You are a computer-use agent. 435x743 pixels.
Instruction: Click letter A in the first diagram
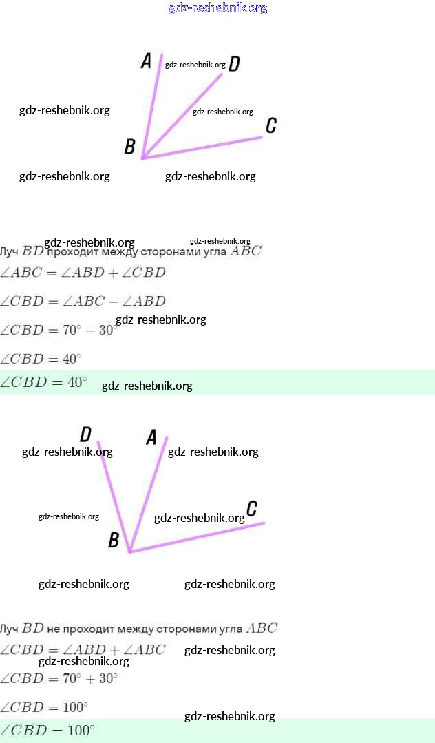tap(146, 61)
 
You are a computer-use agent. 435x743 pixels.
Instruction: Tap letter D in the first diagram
tap(234, 64)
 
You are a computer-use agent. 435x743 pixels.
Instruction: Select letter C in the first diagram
tap(271, 125)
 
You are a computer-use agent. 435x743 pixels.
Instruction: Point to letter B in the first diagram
tap(129, 147)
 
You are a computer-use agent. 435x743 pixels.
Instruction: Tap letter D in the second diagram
tap(86, 435)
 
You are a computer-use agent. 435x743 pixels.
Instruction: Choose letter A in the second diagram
tap(151, 437)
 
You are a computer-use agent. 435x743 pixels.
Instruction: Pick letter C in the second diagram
tap(252, 509)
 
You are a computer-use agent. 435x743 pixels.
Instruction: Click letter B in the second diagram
tap(114, 541)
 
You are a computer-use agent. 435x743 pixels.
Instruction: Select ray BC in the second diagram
tap(200, 536)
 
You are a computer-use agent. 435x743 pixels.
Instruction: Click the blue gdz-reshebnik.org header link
tap(217, 8)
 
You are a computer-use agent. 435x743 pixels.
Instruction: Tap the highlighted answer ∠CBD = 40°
tap(44, 382)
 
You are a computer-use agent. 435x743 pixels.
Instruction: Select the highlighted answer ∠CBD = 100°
tap(47, 731)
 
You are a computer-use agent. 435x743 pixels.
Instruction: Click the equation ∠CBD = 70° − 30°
tap(58, 331)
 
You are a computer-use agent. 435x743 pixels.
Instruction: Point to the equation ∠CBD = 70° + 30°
tap(59, 679)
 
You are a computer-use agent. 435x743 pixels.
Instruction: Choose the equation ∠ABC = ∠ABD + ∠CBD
tap(83, 273)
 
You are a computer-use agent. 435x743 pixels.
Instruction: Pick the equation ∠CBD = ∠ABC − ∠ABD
tap(83, 302)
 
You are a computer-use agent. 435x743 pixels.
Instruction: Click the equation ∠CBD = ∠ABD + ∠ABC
tap(83, 650)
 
